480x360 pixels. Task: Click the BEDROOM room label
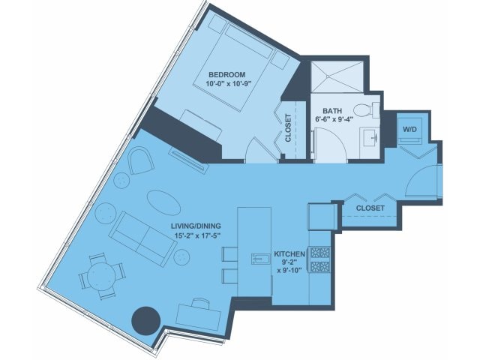[227, 75]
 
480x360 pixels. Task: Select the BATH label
[332, 111]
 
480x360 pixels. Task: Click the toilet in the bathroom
[367, 110]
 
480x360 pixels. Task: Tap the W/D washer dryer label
[409, 129]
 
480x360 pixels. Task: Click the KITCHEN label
[289, 254]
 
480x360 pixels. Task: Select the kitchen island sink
[260, 259]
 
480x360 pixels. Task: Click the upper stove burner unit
[320, 253]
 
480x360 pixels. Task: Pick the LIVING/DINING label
[196, 226]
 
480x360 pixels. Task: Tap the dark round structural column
[146, 320]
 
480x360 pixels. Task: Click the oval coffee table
[163, 202]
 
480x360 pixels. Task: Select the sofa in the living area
[142, 239]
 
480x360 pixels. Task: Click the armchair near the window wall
[141, 160]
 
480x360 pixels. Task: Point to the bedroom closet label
[288, 128]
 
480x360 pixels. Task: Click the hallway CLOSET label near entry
[370, 208]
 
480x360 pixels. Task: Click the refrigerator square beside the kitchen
[322, 217]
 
